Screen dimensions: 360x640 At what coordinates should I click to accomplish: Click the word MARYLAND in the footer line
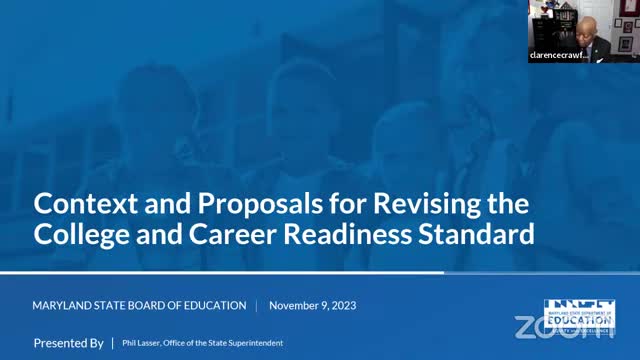pos(63,305)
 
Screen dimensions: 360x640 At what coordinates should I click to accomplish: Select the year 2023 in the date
pos(341,305)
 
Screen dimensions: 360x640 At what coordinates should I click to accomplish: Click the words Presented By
pos(68,343)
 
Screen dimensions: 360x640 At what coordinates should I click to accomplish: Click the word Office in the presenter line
pos(182,344)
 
